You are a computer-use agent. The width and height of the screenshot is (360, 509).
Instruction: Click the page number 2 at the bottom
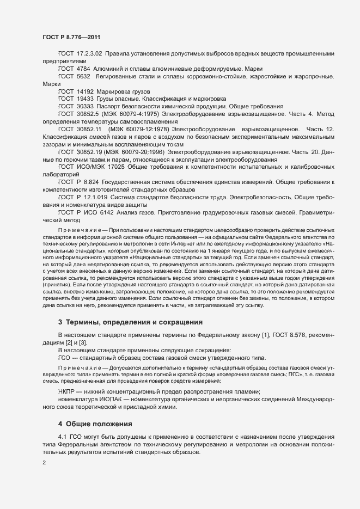[44, 463]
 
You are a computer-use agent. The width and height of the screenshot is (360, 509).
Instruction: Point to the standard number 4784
[83, 69]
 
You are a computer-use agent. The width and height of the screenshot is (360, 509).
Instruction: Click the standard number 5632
[83, 76]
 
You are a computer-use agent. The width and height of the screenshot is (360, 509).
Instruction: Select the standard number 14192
[86, 91]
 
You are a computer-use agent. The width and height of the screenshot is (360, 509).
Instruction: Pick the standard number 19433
[86, 99]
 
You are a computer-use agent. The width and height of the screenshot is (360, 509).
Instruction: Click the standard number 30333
[86, 107]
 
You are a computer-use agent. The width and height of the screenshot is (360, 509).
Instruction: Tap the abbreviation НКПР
[68, 392]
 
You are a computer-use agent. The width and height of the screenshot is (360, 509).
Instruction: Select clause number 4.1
[63, 438]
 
